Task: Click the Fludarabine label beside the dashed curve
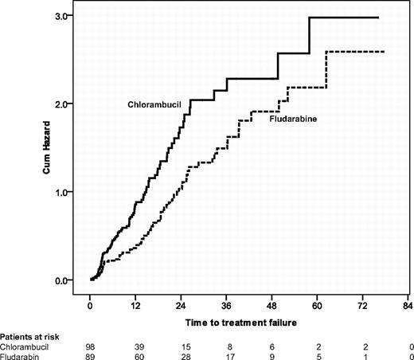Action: pos(283,119)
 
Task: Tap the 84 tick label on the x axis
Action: pos(408,305)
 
